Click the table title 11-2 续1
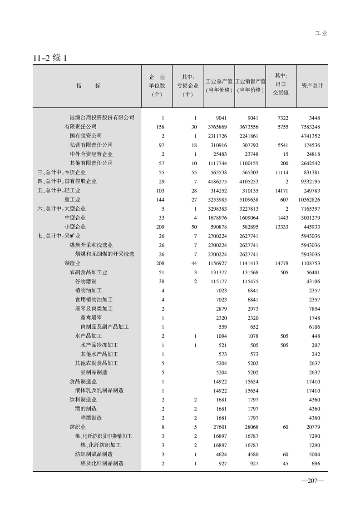click(50, 58)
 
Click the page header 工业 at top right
click(321, 33)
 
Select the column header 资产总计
click(312, 85)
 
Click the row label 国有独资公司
click(85, 136)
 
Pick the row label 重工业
click(72, 199)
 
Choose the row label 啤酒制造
click(91, 418)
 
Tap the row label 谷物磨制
click(86, 282)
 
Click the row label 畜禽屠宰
click(91, 318)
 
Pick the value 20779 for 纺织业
click(313, 427)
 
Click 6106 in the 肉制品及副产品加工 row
click(315, 327)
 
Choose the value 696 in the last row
click(316, 464)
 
